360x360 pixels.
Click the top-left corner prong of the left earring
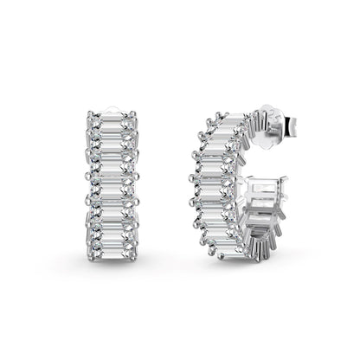pos(93,113)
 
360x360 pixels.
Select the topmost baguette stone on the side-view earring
pos(227,124)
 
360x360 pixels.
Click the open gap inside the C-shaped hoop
pos(247,169)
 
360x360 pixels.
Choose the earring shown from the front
pos(112,180)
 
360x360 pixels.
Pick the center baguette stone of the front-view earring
pos(112,180)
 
